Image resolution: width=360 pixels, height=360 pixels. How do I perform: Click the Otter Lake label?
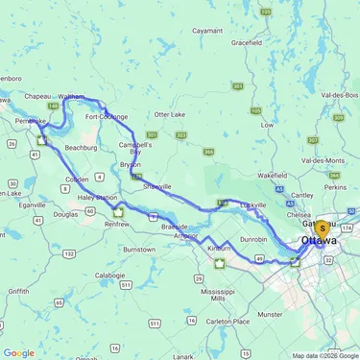(x=169, y=114)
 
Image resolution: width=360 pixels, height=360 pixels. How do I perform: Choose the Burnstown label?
(x=138, y=249)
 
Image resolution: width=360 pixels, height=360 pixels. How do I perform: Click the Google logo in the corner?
(x=18, y=352)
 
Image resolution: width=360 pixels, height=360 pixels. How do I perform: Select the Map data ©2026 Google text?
(x=324, y=355)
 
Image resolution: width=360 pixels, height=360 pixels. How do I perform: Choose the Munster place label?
(x=272, y=313)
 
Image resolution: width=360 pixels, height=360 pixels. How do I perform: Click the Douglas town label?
(x=65, y=215)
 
